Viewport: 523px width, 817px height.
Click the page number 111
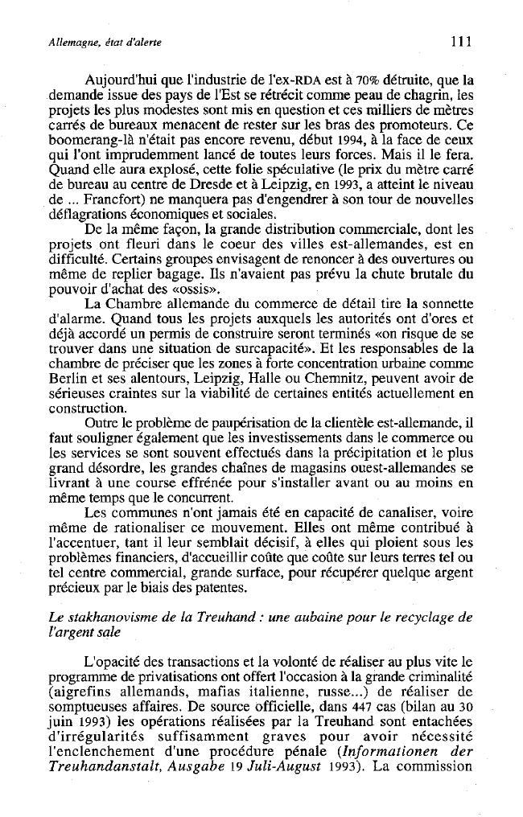pos(460,40)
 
